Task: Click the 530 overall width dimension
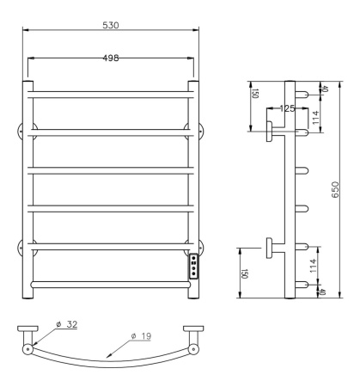pyautogui.click(x=111, y=25)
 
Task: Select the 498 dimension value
pyautogui.click(x=111, y=58)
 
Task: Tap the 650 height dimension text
pyautogui.click(x=335, y=189)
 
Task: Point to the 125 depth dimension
pyautogui.click(x=287, y=108)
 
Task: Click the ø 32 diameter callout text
pyautogui.click(x=67, y=324)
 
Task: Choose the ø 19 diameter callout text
pyautogui.click(x=141, y=336)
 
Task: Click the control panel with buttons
pyautogui.click(x=193, y=267)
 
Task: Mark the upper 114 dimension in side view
pyautogui.click(x=315, y=118)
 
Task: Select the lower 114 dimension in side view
pyautogui.click(x=313, y=266)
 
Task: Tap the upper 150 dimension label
pyautogui.click(x=255, y=94)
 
